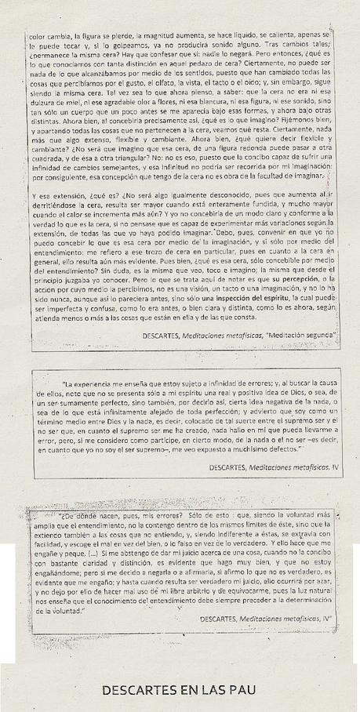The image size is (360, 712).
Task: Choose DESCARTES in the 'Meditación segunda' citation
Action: coord(167,334)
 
